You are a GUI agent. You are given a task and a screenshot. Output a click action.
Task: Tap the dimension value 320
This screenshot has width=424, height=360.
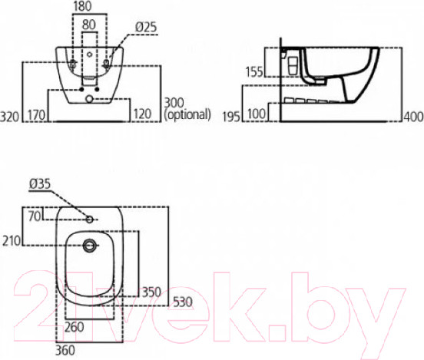point(12,117)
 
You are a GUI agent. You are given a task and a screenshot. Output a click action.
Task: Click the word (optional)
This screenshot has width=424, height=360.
point(188,115)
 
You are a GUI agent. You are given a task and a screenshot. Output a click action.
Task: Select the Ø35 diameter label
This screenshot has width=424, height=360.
point(39,183)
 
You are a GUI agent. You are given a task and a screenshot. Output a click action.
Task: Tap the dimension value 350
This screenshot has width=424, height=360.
point(151,292)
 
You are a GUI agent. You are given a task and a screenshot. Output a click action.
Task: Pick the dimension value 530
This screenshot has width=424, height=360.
point(181,301)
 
